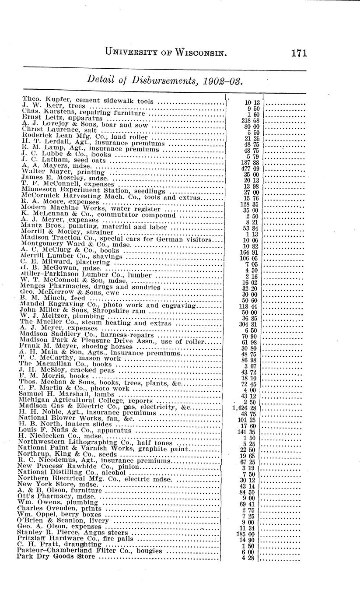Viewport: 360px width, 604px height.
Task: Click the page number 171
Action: click(299, 53)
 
